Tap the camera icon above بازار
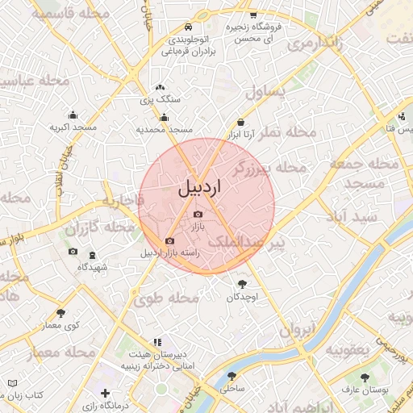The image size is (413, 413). tap(198, 214)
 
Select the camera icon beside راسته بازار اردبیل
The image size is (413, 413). tap(169, 240)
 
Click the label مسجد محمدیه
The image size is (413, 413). tap(165, 129)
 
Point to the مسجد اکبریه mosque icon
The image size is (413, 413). tap(73, 115)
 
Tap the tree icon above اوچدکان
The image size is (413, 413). tap(242, 283)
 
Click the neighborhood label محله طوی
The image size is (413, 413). tap(173, 298)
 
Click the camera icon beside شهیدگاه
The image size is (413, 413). tap(73, 252)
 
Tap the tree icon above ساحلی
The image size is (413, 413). tap(232, 376)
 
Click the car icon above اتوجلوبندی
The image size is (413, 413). tap(188, 25)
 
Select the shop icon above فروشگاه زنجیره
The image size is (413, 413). tap(252, 15)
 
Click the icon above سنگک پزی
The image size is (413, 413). tap(160, 86)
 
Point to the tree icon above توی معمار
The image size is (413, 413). tap(60, 313)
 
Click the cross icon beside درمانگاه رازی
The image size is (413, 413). tap(105, 393)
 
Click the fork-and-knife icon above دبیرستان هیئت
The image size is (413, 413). tap(157, 342)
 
